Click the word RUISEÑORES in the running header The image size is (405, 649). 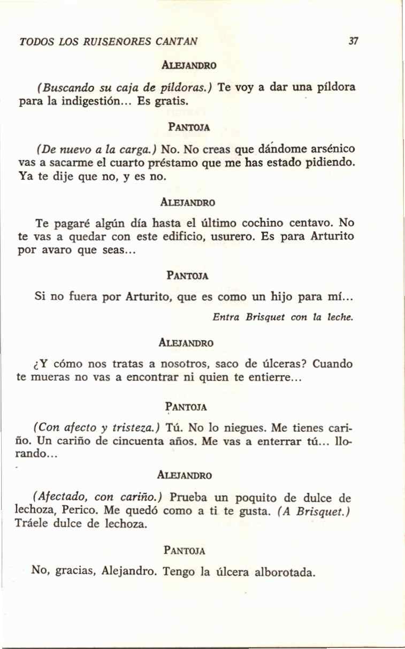click(x=111, y=40)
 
